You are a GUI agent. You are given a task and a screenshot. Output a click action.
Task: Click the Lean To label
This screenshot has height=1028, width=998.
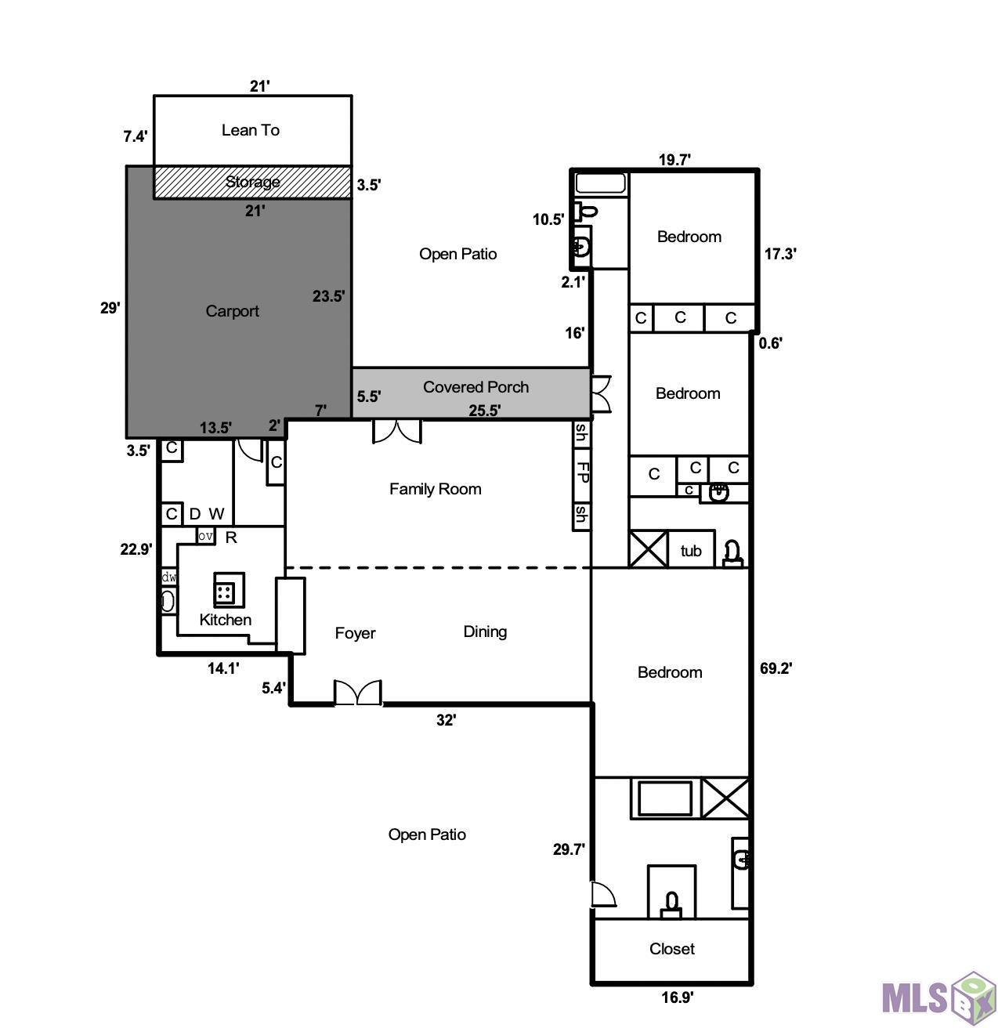pos(251,130)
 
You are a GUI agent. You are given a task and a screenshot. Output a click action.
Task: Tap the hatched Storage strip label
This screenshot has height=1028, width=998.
pos(252,182)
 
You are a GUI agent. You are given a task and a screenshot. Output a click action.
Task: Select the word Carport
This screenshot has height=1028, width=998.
pos(233,311)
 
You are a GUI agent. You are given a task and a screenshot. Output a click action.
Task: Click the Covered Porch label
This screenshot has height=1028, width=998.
pos(475,387)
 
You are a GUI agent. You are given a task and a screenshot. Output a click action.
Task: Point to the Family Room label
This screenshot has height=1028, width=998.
pos(435,489)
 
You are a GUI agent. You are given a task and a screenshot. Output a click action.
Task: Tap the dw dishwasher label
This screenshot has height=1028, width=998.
pos(168,577)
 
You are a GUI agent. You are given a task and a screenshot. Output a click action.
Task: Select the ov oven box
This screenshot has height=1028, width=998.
pos(205,537)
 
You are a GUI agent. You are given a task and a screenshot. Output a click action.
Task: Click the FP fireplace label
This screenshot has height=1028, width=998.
pos(582,472)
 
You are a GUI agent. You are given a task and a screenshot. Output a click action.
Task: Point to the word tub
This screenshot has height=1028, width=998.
pos(690,551)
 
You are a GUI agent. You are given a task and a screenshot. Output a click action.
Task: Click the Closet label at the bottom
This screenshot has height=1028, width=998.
pos(671,949)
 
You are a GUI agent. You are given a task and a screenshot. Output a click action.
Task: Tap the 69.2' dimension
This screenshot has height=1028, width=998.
pos(776,668)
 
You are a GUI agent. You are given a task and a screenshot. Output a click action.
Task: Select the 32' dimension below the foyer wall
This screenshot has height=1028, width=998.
pos(447,720)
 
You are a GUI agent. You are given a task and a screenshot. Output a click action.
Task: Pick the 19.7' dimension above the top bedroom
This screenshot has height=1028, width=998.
pos(674,160)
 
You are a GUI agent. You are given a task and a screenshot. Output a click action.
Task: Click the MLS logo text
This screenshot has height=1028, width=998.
pos(914,998)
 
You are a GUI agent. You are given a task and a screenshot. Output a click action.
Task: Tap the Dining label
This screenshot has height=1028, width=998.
pos(485,632)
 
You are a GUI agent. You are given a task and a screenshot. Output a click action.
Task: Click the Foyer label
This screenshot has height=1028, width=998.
pos(355,633)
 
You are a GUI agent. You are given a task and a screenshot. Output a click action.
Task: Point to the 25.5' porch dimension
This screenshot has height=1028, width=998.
pos(485,411)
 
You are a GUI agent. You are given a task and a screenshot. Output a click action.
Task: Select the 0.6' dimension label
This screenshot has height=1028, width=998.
pos(770,343)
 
